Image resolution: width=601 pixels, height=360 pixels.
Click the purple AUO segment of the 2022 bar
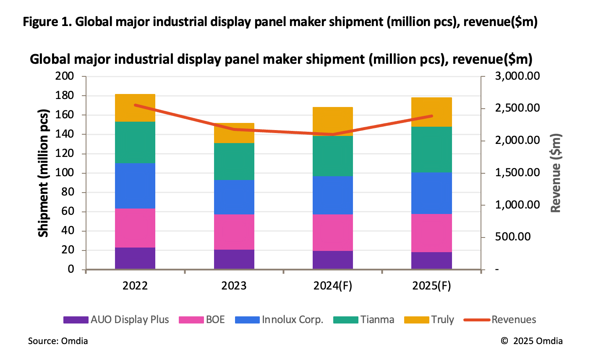pos(135,258)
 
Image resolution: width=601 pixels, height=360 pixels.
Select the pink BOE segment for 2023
pos(234,232)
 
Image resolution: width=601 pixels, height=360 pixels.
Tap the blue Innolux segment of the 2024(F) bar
pos(332,195)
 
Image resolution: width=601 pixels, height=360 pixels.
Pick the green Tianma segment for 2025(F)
pos(431,149)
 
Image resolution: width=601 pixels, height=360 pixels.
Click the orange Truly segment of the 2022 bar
pos(135,108)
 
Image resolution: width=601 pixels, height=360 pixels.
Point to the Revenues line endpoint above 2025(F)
pos(431,116)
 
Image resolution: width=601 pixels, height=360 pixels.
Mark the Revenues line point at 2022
pos(135,105)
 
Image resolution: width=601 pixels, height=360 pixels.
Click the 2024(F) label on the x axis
pos(332,286)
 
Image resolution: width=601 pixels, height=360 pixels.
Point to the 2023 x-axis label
pos(234,286)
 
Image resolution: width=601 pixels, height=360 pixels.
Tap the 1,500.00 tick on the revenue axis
pos(516,172)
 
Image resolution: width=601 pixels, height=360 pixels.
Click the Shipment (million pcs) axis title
pos(43,172)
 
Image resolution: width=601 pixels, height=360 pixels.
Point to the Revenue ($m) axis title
pos(555,172)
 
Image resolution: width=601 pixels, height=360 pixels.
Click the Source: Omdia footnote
pos(58,341)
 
